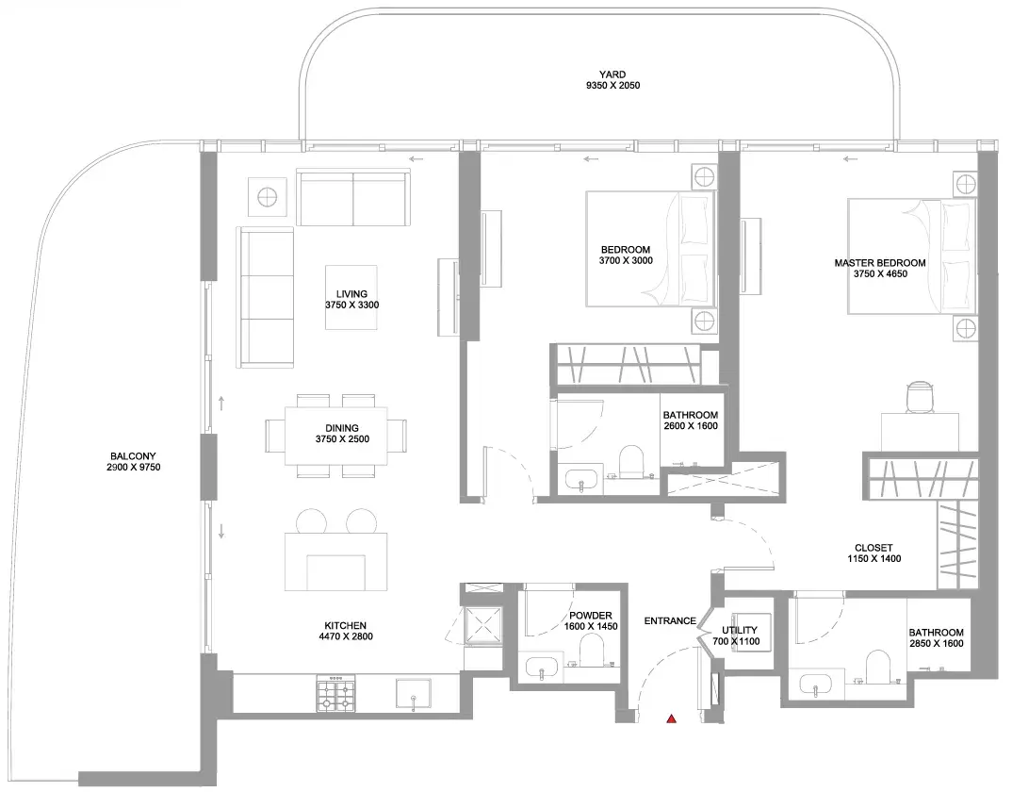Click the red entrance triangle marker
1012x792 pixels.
click(671, 718)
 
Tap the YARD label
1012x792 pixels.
click(612, 74)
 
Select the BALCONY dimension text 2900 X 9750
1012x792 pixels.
click(134, 467)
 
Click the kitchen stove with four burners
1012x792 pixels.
click(335, 694)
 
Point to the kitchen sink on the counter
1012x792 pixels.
click(414, 694)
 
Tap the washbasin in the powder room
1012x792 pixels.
click(543, 668)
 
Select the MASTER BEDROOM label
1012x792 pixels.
click(880, 263)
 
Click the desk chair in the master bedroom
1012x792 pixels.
click(921, 395)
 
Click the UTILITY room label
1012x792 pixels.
click(740, 630)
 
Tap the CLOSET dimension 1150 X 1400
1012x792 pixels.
click(873, 558)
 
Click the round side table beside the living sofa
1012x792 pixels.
click(268, 196)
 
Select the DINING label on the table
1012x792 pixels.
click(342, 428)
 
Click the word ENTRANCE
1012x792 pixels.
click(670, 620)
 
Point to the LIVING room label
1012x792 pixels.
click(351, 294)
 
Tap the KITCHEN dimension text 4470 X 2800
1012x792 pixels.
click(346, 635)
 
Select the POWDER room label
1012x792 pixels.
click(591, 616)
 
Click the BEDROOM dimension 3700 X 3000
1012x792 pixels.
click(626, 260)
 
